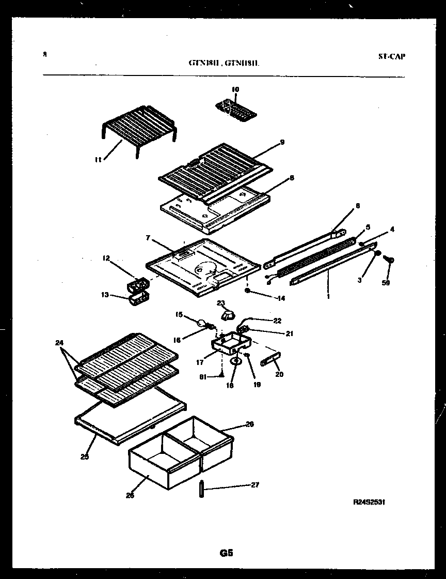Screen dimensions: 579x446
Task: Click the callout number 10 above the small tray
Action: coord(235,89)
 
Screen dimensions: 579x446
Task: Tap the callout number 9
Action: coord(282,142)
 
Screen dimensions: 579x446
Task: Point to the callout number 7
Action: coord(148,238)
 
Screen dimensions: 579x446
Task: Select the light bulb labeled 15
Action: coord(199,323)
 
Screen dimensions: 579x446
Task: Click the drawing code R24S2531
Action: coord(370,502)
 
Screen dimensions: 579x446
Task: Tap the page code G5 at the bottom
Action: coord(226,553)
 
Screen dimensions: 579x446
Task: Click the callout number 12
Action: coord(106,258)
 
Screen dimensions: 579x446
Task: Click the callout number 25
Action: coord(84,456)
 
